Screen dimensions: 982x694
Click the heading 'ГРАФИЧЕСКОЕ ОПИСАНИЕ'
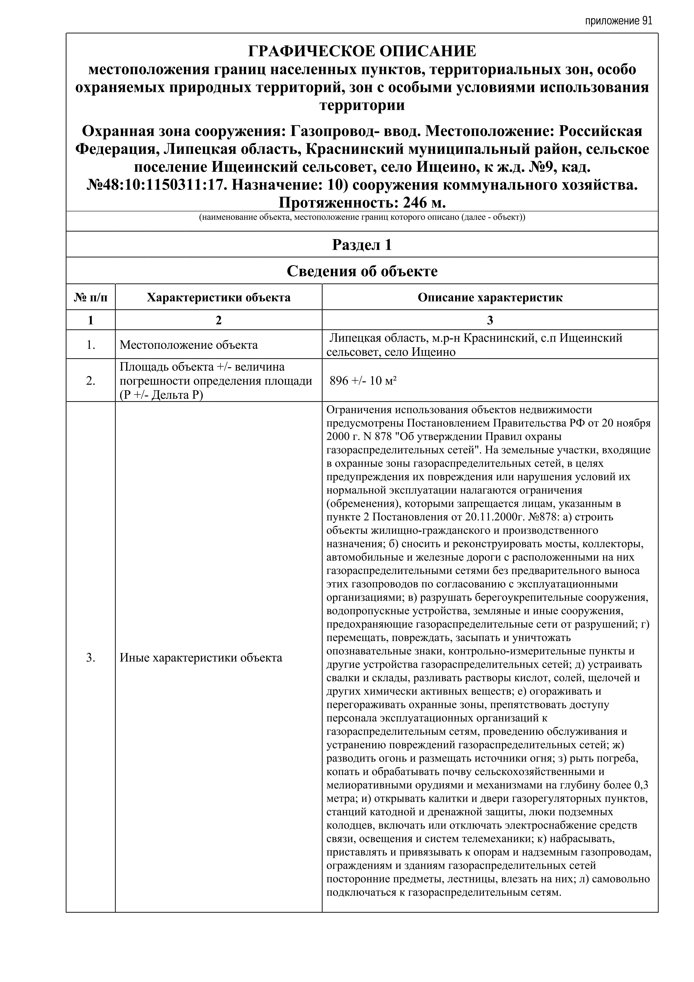coord(362,51)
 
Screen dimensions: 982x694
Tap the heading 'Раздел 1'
coord(362,245)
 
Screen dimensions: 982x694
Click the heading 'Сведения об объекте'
coord(362,271)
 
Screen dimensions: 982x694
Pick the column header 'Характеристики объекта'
coord(219,298)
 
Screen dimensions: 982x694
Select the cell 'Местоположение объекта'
coord(189,345)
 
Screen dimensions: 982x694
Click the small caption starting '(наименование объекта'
coord(362,217)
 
